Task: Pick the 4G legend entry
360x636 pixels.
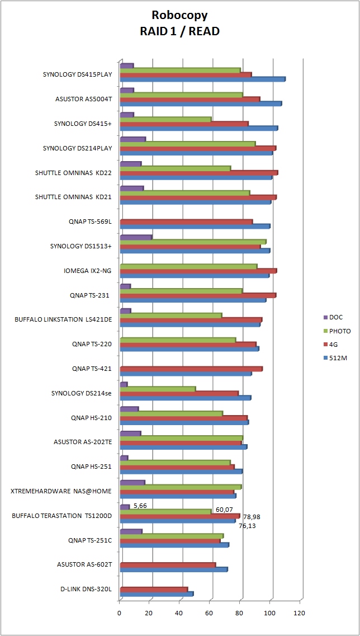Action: click(x=333, y=345)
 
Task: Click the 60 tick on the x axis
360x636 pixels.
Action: click(x=210, y=613)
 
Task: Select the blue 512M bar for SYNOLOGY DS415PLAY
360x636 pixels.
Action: click(x=202, y=79)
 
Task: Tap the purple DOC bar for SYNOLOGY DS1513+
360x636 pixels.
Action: click(x=136, y=237)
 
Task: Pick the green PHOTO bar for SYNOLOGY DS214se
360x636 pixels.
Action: click(x=158, y=388)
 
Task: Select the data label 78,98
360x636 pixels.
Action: click(x=252, y=517)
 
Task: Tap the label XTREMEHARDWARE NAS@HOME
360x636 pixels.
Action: click(x=61, y=491)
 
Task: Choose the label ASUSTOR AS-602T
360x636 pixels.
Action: click(x=84, y=564)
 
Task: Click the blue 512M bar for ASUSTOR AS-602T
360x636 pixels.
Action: click(x=173, y=569)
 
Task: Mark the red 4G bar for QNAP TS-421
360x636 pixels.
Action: click(x=191, y=369)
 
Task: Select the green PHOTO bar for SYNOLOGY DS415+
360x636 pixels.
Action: click(x=165, y=119)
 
